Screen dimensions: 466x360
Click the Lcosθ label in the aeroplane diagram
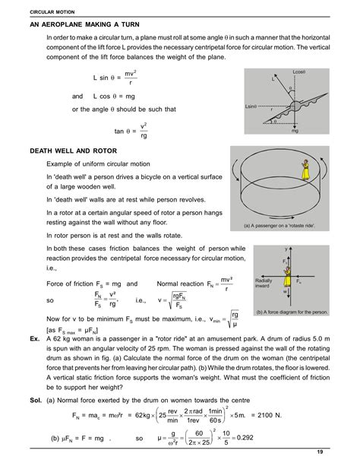(298, 72)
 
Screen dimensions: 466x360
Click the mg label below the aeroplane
(295, 131)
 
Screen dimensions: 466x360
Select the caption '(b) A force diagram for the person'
(292, 312)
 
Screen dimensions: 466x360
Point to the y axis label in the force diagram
(287, 249)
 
